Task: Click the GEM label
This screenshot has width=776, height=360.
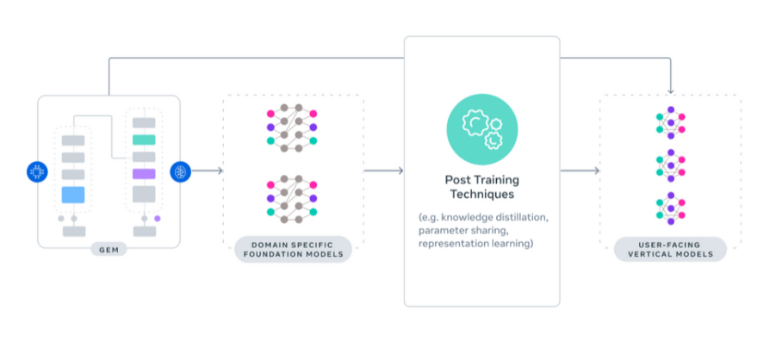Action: pyautogui.click(x=109, y=250)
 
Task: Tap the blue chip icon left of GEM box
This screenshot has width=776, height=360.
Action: pyautogui.click(x=37, y=171)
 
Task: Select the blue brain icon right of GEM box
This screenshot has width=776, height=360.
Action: pyautogui.click(x=181, y=171)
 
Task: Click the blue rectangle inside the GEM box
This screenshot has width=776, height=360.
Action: pyautogui.click(x=74, y=196)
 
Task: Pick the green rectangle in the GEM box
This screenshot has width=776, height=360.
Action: pyautogui.click(x=144, y=140)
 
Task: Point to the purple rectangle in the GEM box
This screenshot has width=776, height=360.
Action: pyautogui.click(x=144, y=174)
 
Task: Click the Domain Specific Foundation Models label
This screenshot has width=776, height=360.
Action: pyautogui.click(x=293, y=250)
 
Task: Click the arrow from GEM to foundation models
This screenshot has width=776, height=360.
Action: pyautogui.click(x=207, y=171)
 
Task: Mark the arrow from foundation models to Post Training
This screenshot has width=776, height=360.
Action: pyautogui.click(x=383, y=171)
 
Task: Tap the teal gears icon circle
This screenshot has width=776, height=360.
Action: pyautogui.click(x=481, y=130)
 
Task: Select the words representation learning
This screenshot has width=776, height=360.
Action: pyautogui.click(x=475, y=245)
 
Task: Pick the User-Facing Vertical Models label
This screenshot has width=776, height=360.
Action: pyautogui.click(x=670, y=250)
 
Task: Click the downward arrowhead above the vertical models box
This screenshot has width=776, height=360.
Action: pyautogui.click(x=670, y=90)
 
